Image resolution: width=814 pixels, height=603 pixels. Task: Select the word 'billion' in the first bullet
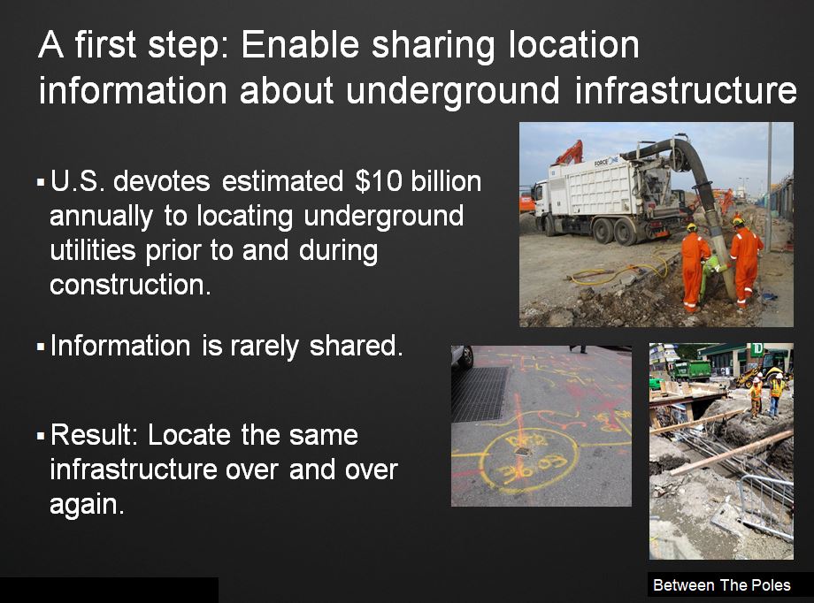pyautogui.click(x=445, y=181)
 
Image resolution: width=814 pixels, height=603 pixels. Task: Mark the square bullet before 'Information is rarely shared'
pyautogui.click(x=40, y=347)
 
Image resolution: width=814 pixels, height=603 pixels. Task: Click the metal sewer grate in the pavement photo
pyautogui.click(x=479, y=393)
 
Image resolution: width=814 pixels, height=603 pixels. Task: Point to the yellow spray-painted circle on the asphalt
pyautogui.click(x=526, y=459)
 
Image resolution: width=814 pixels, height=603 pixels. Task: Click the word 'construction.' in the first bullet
pyautogui.click(x=131, y=285)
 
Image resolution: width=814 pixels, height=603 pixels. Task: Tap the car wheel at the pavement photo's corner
pyautogui.click(x=463, y=355)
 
